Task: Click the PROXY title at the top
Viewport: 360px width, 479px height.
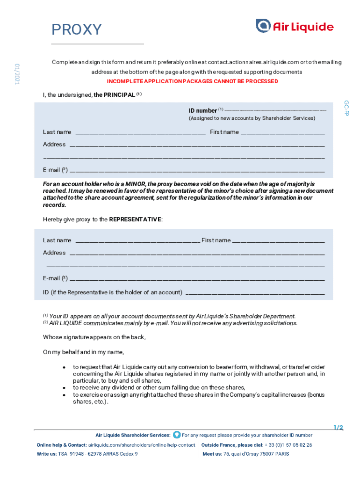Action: click(76, 29)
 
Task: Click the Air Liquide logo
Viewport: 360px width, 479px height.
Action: click(295, 26)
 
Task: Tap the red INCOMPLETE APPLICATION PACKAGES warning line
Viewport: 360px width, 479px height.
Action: click(193, 81)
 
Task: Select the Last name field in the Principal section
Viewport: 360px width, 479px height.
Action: click(140, 132)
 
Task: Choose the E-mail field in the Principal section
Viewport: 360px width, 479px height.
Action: click(197, 170)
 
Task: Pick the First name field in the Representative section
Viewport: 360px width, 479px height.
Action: click(278, 241)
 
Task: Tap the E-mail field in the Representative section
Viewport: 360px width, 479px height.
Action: click(197, 279)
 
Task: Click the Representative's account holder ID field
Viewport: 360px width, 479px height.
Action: click(255, 293)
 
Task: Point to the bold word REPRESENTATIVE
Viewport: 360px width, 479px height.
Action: click(135, 219)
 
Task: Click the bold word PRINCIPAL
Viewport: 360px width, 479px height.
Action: click(114, 95)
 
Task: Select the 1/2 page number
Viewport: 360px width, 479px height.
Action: click(338, 428)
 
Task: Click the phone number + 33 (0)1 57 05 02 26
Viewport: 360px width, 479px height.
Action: click(284, 445)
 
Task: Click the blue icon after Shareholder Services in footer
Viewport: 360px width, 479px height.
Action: click(176, 435)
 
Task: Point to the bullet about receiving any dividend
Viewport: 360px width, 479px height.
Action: click(159, 387)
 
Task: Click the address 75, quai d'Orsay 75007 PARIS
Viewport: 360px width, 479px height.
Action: click(256, 454)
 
